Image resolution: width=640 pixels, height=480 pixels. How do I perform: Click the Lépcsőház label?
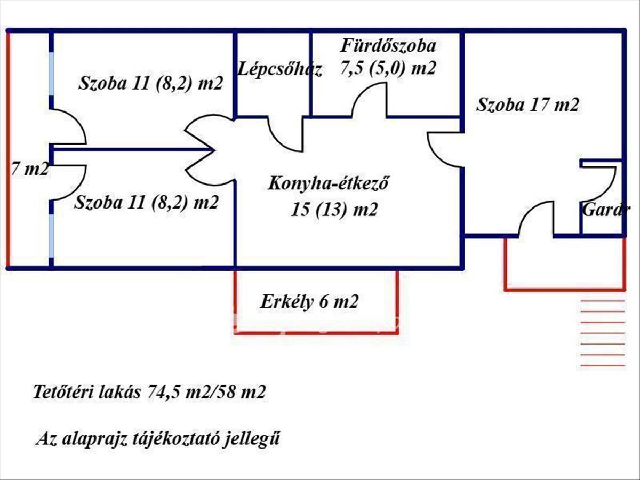click(x=280, y=69)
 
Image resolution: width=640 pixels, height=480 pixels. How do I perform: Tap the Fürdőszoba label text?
click(x=388, y=45)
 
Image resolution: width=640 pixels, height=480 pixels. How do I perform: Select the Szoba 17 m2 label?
click(x=527, y=105)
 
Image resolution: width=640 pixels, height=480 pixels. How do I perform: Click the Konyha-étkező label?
click(x=327, y=185)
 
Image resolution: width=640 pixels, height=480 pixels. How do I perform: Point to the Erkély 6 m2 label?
click(x=309, y=302)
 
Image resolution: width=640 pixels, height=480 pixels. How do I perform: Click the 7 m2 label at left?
click(x=30, y=170)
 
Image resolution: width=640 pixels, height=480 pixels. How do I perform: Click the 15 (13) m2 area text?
click(x=334, y=210)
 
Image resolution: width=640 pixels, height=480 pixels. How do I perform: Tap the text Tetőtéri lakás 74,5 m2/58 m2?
click(x=149, y=393)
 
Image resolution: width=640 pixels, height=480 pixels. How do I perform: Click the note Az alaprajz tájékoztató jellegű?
click(x=158, y=439)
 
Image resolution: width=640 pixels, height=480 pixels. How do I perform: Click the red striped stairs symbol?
click(x=602, y=333)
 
